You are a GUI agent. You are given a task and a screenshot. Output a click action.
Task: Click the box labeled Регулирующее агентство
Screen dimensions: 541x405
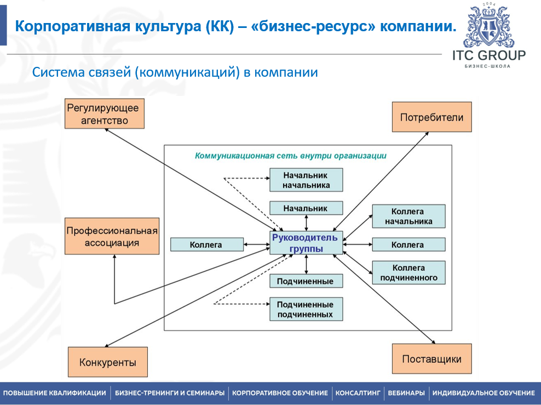105,113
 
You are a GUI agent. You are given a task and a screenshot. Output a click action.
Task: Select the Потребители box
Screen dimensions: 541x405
431,117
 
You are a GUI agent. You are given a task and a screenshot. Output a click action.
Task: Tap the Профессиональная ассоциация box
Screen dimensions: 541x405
112,236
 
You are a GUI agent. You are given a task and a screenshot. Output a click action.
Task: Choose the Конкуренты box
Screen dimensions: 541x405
108,362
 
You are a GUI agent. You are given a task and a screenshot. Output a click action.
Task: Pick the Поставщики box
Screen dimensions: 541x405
431,359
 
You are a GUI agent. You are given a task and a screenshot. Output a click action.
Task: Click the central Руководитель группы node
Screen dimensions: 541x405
306,243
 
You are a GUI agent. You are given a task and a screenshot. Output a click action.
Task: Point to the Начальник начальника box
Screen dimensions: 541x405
306,180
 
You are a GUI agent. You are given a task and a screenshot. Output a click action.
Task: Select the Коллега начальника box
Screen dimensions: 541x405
408,216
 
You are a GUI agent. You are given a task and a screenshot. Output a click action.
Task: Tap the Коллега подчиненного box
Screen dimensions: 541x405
408,273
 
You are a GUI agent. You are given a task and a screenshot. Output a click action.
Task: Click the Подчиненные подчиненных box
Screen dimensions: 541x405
306,309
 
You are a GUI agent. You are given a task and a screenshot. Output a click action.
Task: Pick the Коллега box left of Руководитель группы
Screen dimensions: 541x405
207,244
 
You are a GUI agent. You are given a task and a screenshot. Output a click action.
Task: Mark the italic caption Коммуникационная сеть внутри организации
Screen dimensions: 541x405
291,156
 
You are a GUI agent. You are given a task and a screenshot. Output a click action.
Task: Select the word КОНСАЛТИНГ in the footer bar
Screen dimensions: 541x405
358,393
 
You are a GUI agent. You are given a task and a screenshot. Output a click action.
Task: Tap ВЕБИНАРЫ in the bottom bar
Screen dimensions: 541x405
406,393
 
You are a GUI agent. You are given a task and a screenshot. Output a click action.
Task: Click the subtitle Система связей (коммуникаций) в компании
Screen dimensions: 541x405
175,72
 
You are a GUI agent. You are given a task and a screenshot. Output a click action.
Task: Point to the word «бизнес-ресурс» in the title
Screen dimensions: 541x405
313,27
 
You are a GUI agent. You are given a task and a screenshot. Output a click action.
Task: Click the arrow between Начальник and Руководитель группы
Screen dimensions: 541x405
307,223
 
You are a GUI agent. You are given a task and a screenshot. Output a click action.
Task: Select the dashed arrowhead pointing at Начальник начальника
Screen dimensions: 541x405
267,178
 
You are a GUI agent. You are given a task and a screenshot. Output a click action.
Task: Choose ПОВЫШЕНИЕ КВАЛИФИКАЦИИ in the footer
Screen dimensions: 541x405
55,393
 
